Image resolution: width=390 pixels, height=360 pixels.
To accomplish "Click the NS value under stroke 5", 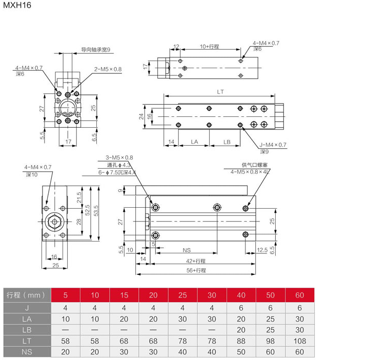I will tap(65, 352).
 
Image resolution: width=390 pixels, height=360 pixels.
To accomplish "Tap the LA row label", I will tap(27, 318).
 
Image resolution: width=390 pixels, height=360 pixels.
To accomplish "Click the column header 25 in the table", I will tap(183, 295).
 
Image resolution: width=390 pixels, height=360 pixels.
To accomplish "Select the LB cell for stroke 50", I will tap(271, 329).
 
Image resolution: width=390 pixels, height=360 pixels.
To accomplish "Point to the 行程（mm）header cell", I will tap(27, 295).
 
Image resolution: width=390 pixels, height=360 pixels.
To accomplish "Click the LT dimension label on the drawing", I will tap(220, 92).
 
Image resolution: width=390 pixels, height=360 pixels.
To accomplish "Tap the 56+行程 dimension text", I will tap(196, 270).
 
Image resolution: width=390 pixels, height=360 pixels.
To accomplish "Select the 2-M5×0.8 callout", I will tap(108, 69).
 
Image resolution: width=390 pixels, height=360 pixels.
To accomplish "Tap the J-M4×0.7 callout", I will tap(273, 145).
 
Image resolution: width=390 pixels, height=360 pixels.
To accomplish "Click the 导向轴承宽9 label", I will tap(96, 50).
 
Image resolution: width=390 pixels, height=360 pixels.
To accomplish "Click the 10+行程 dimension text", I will tap(210, 47).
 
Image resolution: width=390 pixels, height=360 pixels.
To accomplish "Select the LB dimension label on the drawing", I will tap(227, 141).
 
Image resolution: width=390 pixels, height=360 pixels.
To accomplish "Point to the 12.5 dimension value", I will tap(262, 251).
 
